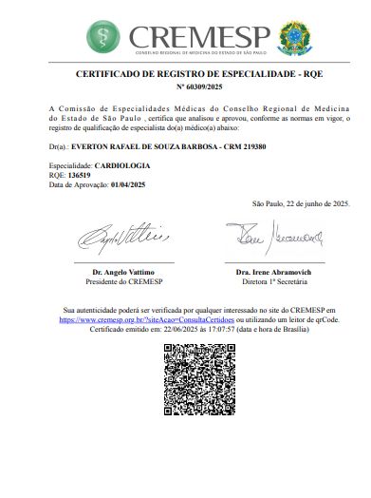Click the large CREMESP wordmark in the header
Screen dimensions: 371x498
click(x=199, y=34)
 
